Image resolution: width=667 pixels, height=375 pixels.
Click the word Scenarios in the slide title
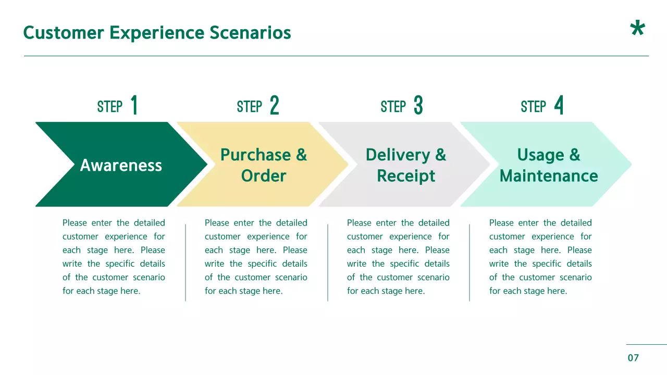250,33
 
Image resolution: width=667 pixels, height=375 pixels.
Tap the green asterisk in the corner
637,29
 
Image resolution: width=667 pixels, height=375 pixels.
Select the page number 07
633,358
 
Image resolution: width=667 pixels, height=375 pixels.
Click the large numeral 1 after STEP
134,106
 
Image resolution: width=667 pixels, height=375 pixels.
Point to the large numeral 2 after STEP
275,106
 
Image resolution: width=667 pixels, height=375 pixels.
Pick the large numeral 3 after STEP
418,106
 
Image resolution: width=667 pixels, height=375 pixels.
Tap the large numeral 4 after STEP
559,106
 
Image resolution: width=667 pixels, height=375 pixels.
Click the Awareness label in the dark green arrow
121,166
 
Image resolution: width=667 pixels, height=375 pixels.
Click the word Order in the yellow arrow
264,176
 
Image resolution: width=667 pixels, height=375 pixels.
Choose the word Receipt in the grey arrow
406,176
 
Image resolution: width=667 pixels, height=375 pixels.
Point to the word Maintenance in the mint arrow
549,176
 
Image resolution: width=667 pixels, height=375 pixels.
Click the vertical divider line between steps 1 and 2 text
186,262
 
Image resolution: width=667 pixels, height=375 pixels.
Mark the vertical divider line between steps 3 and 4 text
470,262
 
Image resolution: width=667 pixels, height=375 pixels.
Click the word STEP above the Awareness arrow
109,107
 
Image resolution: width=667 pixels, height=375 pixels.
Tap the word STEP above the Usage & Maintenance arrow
533,107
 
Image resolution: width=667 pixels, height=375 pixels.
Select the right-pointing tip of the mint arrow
629,165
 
